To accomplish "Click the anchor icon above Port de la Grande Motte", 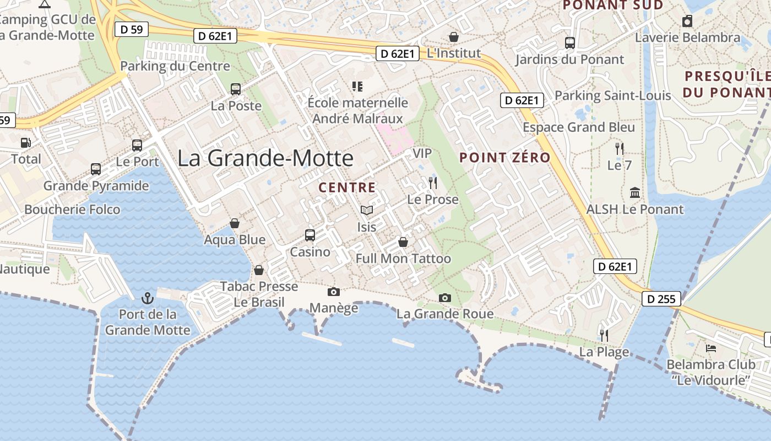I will click(147, 298).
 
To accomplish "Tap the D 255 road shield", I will click(661, 299).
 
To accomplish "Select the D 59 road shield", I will click(132, 29).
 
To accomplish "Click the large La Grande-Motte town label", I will click(265, 158).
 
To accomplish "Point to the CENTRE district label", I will click(347, 187).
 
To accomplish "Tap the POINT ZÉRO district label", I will click(505, 158).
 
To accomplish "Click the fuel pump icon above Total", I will click(25, 143).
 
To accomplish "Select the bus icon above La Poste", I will click(236, 89).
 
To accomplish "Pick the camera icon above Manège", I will click(333, 292).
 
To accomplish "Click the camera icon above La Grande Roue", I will click(445, 298).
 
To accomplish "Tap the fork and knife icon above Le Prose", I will click(433, 183).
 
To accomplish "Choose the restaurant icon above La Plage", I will click(604, 335).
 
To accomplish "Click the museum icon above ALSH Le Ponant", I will click(635, 193).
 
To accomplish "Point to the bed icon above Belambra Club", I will click(711, 348).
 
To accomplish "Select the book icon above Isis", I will click(366, 210).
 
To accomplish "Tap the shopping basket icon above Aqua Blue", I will click(235, 223).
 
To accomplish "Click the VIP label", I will click(422, 153).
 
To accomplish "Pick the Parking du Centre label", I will click(175, 66).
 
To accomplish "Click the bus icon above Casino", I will click(310, 235).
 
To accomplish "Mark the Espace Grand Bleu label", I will click(579, 127).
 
